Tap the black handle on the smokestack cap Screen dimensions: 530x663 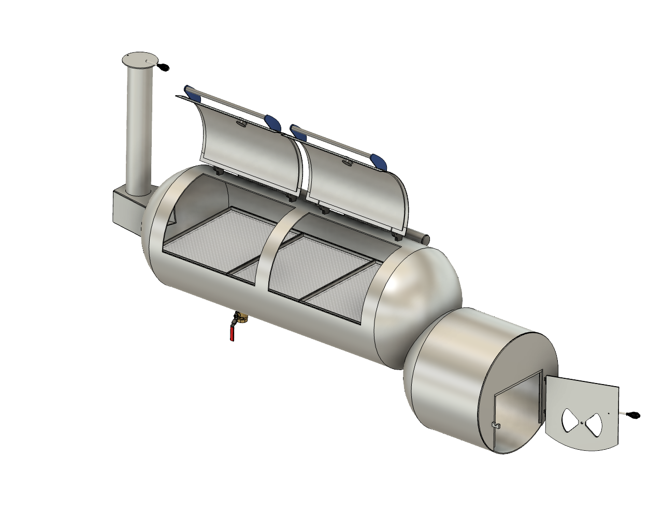pyautogui.click(x=164, y=67)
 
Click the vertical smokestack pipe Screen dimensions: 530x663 pyautogui.click(x=138, y=129)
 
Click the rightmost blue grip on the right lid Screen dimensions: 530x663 pyautogui.click(x=379, y=162)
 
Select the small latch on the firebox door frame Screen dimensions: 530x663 pyautogui.click(x=496, y=425)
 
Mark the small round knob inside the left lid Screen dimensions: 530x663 pyautogui.click(x=242, y=124)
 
